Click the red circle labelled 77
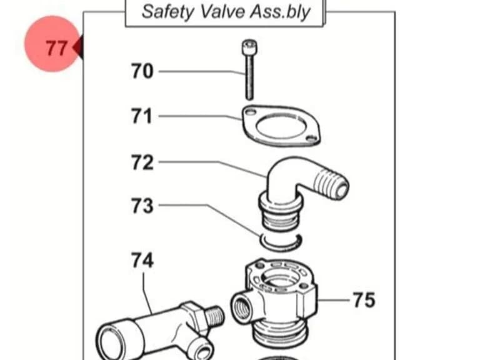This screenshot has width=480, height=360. click(x=52, y=44)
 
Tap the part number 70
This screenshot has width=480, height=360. click(x=142, y=71)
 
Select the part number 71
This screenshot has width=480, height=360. click(x=142, y=116)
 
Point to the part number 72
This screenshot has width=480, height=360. click(x=142, y=162)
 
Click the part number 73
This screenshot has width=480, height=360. click(x=142, y=206)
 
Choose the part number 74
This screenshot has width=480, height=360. click(x=142, y=260)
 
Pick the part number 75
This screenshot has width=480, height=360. click(x=364, y=300)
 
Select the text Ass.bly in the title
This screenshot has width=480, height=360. click(x=280, y=12)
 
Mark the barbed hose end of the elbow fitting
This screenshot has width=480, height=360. click(x=331, y=182)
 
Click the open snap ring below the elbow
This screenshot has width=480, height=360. click(x=281, y=244)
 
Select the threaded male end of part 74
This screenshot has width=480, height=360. click(x=215, y=315)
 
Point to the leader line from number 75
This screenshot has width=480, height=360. click(x=334, y=300)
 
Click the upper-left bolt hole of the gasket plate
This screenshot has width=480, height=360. click(x=251, y=112)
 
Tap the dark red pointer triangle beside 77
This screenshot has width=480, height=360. click(x=78, y=47)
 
